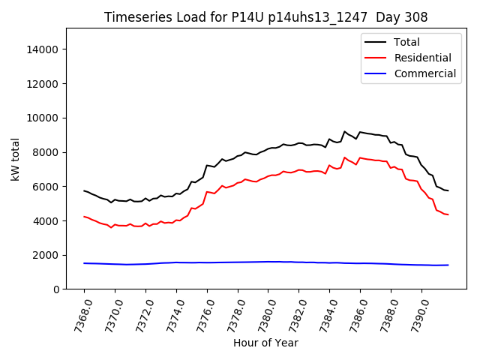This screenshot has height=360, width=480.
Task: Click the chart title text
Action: coord(260,17)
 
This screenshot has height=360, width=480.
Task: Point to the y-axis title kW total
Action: coord(16,159)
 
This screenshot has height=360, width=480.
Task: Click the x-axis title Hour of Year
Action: coord(265,343)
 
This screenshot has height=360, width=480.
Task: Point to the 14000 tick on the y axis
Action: coord(43,49)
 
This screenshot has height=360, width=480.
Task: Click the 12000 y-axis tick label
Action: coord(43,84)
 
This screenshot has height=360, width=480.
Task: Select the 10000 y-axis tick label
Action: coord(43,118)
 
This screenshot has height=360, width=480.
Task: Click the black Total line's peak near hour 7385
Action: coord(345,132)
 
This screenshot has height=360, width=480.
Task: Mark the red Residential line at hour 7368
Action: coord(84,217)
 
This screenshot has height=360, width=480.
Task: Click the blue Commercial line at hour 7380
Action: coord(268,262)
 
